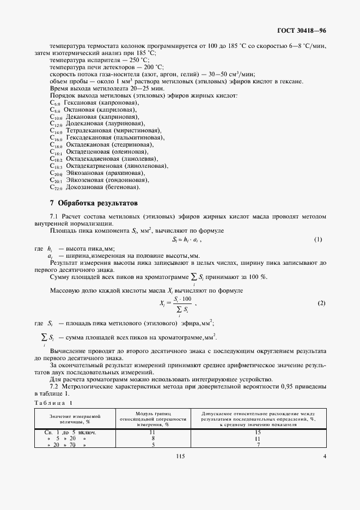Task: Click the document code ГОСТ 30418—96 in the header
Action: click(x=303, y=32)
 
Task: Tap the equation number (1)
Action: click(x=318, y=240)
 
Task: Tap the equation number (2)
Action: click(x=321, y=303)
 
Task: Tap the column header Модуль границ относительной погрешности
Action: click(x=152, y=419)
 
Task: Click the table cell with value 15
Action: click(x=258, y=432)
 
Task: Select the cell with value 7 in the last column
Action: click(x=258, y=445)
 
